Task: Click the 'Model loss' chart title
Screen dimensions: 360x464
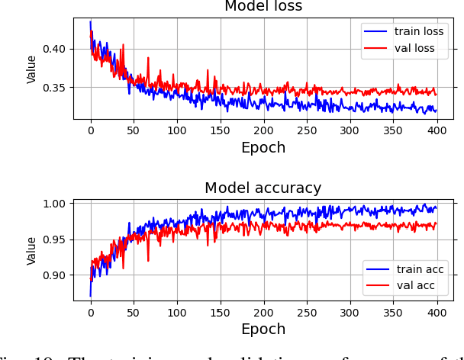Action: (x=263, y=7)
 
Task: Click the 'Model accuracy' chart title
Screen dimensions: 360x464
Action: (x=263, y=188)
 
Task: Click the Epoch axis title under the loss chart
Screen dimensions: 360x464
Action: (x=263, y=147)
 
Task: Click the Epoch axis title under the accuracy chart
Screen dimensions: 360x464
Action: (x=263, y=329)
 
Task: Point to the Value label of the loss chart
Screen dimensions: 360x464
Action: (x=32, y=69)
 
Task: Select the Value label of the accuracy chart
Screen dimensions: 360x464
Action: (x=32, y=250)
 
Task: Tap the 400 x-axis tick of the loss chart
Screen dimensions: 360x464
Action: (x=437, y=130)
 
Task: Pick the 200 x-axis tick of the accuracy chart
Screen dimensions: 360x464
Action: (x=263, y=312)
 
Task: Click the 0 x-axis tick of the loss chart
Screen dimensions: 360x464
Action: (x=91, y=130)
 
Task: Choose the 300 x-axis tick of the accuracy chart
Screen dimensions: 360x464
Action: (x=350, y=312)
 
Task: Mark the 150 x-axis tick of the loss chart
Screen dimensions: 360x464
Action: (x=221, y=130)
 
